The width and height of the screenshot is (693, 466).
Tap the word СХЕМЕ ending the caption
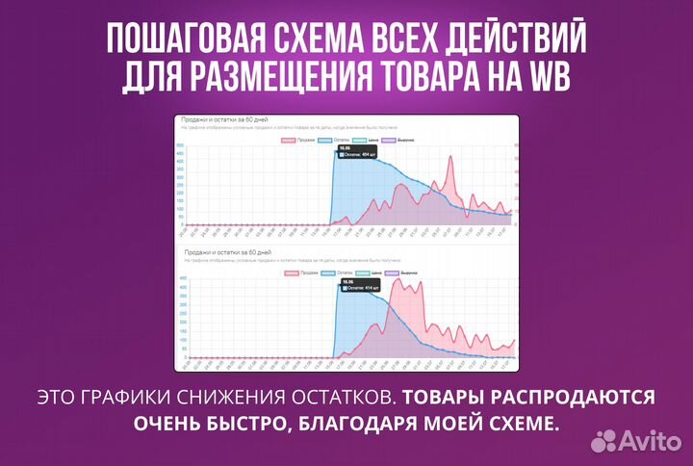click(x=519, y=424)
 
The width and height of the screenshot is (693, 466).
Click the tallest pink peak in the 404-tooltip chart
click(x=449, y=157)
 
